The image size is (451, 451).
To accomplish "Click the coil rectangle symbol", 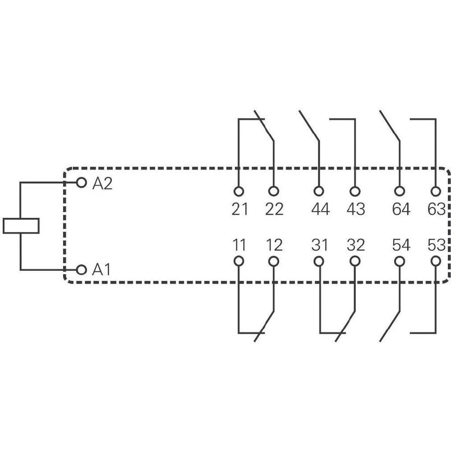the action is [21, 226].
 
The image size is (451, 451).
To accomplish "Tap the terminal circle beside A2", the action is [81, 182].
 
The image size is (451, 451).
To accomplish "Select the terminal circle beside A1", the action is [81, 270].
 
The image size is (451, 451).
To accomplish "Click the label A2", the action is [102, 183].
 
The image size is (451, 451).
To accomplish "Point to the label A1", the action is [101, 270].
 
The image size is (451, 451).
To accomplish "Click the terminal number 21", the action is [239, 209].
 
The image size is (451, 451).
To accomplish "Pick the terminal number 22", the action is [274, 209].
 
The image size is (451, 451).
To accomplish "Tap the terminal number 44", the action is [320, 209].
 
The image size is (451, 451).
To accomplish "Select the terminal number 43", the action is [356, 209].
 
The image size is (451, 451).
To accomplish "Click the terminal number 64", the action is [401, 209].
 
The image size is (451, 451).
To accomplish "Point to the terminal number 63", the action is [436, 209].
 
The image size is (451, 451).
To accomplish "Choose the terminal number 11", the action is [239, 245].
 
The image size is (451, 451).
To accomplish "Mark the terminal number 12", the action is [274, 245].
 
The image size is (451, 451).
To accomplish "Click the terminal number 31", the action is [320, 245].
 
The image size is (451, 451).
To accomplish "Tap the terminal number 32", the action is [356, 245].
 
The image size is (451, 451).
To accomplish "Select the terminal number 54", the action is [401, 245].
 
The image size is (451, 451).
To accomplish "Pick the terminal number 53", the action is [436, 245].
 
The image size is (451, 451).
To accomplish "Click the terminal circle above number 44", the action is [319, 191].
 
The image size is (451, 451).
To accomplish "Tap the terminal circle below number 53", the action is [436, 261].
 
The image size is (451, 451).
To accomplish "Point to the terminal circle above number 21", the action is [239, 191].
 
